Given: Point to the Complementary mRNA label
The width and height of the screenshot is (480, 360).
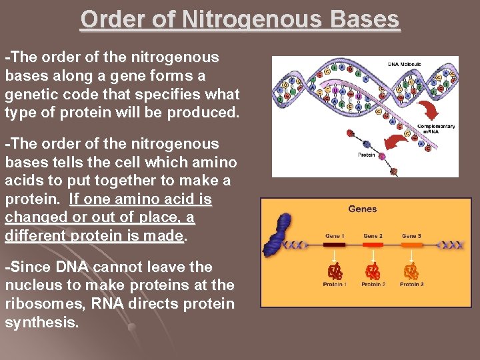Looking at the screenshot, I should [436, 129].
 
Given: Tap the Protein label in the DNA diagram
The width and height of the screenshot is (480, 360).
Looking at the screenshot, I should [365, 155].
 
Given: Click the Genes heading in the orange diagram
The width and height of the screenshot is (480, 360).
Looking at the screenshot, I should [362, 209].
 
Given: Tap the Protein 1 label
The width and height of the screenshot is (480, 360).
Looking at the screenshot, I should [334, 285].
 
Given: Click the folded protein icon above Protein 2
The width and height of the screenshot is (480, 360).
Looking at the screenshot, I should [373, 271].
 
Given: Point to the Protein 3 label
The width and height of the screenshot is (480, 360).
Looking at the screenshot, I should [412, 285].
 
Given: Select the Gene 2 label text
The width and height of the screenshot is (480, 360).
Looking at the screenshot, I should [373, 236].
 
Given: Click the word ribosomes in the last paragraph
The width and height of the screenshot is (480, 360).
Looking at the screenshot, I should [41, 304].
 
